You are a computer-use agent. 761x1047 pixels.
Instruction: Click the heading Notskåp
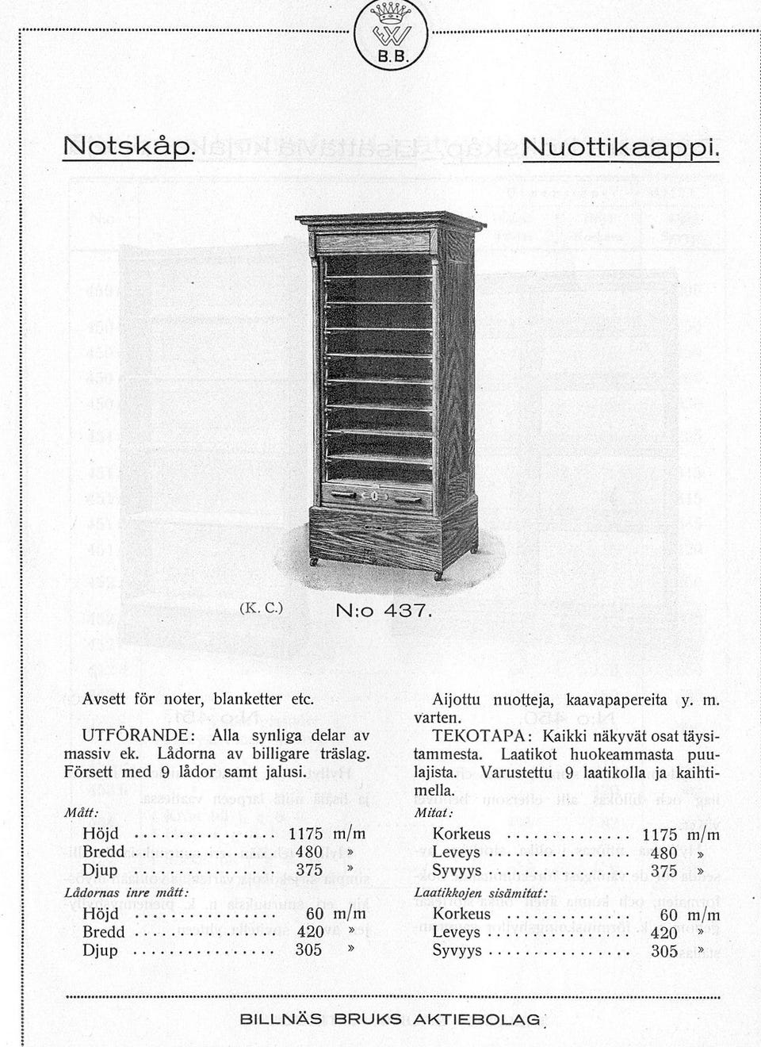(128, 147)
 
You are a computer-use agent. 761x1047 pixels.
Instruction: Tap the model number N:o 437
(383, 611)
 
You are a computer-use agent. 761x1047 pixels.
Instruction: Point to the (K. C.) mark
(261, 608)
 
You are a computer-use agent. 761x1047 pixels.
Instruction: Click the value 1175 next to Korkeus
(660, 834)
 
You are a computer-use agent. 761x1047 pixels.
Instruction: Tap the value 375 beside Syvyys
(663, 871)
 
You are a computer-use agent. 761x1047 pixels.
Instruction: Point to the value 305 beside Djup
(308, 949)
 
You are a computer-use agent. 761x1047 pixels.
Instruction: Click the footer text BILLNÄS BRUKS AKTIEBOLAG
(389, 1019)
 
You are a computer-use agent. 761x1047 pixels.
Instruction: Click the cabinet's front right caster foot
(438, 577)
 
